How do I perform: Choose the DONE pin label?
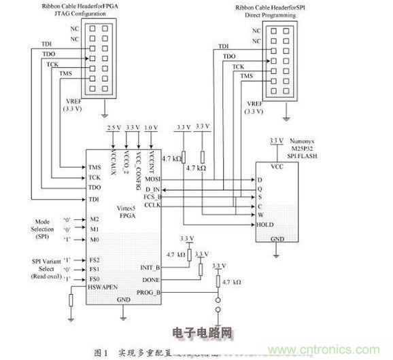tap(150, 278)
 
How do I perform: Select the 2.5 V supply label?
tap(113, 128)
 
